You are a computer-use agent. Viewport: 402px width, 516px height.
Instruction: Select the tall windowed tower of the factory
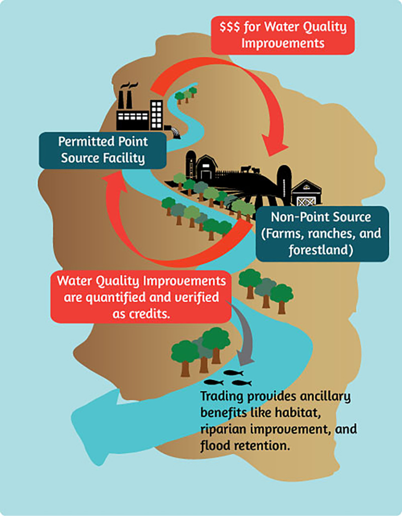click(x=157, y=114)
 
